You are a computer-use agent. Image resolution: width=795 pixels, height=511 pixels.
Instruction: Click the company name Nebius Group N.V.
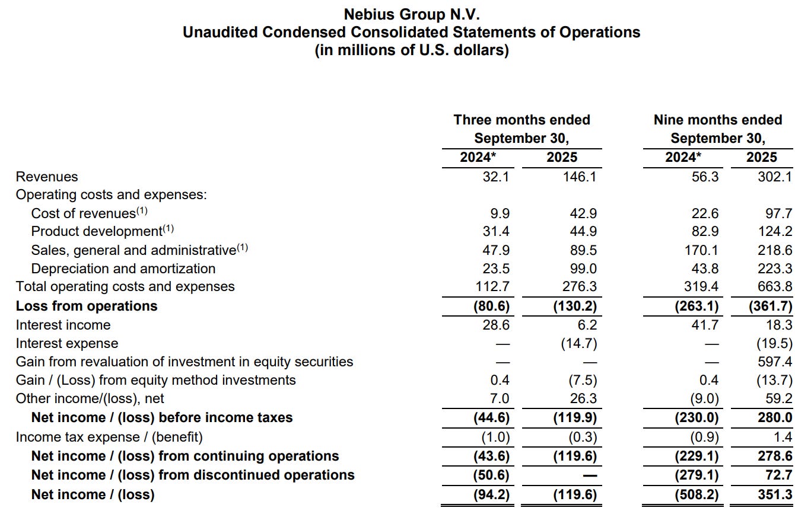pyautogui.click(x=411, y=14)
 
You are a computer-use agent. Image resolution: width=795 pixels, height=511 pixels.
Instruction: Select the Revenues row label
pyautogui.click(x=47, y=177)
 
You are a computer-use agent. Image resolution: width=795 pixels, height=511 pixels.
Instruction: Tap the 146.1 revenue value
pyautogui.click(x=580, y=177)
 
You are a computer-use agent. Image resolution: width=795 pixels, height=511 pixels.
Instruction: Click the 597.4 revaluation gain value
pyautogui.click(x=776, y=362)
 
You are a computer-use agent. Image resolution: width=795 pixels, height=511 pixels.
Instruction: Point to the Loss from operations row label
pyautogui.click(x=87, y=306)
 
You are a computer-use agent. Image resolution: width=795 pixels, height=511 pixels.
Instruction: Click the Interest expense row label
pyautogui.click(x=67, y=343)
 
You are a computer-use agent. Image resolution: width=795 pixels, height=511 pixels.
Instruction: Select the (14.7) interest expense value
pyautogui.click(x=578, y=343)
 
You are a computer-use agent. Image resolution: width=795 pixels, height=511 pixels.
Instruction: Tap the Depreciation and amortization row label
pyautogui.click(x=123, y=269)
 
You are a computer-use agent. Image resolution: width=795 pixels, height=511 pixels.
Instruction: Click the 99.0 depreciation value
pyautogui.click(x=583, y=269)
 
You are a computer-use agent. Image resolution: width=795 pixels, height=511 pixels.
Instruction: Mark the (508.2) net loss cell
pyautogui.click(x=697, y=494)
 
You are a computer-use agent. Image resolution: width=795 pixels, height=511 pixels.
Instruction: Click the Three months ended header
pyautogui.click(x=521, y=120)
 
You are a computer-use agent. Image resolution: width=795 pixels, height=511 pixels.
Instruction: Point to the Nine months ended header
pyautogui.click(x=718, y=120)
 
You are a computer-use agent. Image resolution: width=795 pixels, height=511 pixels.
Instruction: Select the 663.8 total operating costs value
pyautogui.click(x=775, y=287)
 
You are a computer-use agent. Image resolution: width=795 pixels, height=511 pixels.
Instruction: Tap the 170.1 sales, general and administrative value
pyautogui.click(x=701, y=250)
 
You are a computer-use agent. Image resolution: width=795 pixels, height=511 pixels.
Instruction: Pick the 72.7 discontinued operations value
pyautogui.click(x=778, y=475)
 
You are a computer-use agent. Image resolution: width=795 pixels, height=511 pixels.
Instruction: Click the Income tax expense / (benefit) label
pyautogui.click(x=109, y=437)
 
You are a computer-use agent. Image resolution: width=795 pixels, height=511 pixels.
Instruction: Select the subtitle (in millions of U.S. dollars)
pyautogui.click(x=411, y=50)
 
